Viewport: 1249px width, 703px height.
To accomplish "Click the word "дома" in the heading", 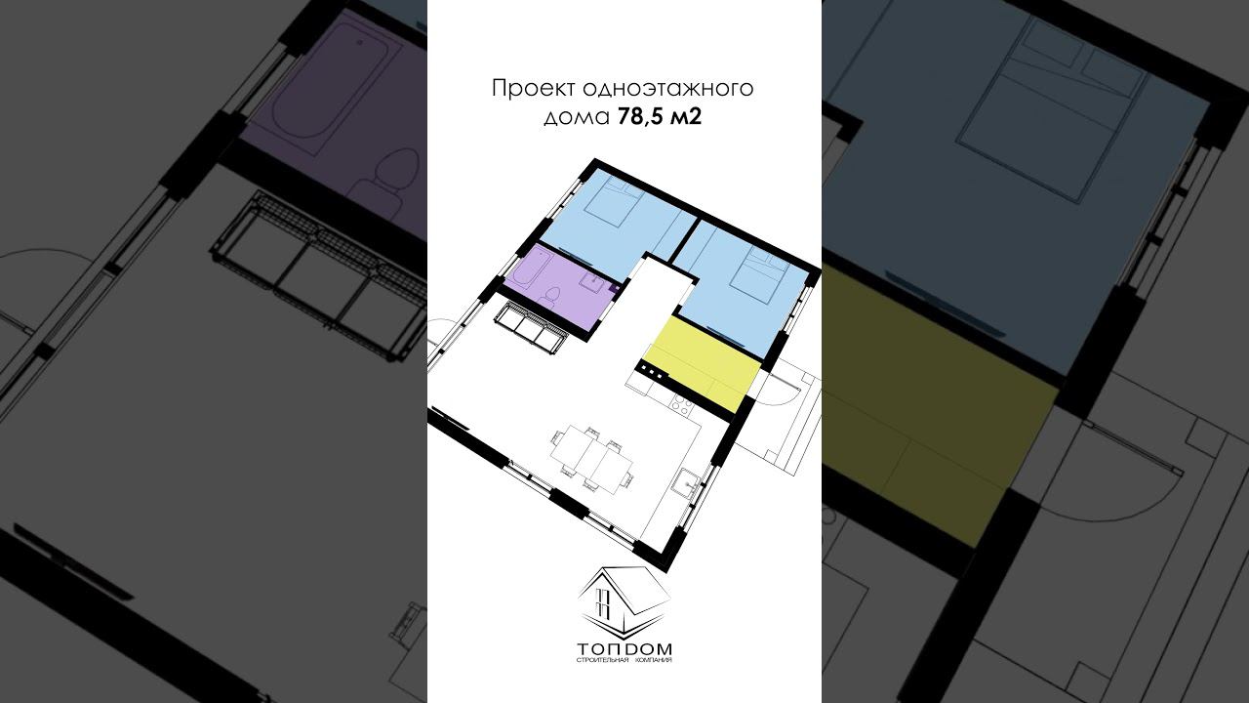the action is (x=577, y=118).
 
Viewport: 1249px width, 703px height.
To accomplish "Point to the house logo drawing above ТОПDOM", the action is (x=624, y=604).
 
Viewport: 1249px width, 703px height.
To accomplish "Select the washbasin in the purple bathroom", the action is (x=591, y=282).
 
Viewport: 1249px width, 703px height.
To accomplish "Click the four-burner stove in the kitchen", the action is (x=681, y=405).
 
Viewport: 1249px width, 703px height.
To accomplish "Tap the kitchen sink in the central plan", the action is (x=685, y=482).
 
